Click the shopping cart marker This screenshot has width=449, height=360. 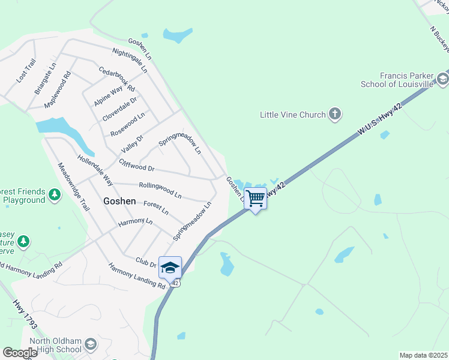(256, 198)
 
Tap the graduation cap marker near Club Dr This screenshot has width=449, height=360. (170, 267)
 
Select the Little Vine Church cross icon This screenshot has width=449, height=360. (335, 114)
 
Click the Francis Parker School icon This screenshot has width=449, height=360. (443, 79)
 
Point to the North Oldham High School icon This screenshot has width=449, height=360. (91, 344)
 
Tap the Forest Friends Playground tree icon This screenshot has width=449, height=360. (55, 195)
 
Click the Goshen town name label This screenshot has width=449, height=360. (119, 202)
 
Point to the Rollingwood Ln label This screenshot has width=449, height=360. (160, 190)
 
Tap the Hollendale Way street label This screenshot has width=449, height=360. (95, 170)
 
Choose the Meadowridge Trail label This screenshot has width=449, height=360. (73, 186)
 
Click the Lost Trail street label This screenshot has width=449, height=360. (26, 71)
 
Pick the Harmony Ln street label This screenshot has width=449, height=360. (135, 223)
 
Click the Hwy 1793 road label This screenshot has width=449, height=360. (25, 313)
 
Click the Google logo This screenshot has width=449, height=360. (20, 353)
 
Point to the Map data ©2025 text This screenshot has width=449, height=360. (423, 355)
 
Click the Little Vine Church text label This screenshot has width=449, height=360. (292, 114)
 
